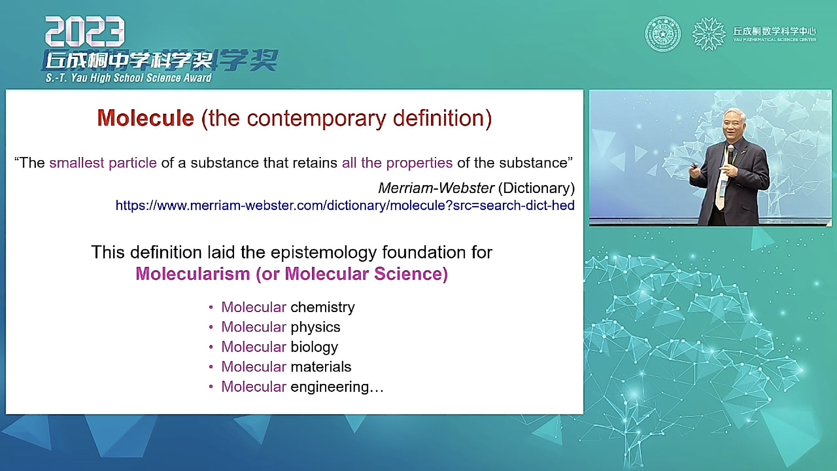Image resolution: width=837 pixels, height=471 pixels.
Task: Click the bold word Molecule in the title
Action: point(146,118)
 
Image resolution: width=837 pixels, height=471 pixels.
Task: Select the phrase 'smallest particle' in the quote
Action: point(103,163)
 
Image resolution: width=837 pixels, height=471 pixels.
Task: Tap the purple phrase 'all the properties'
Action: point(397,163)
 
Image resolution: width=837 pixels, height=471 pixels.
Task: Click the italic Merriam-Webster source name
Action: point(436,188)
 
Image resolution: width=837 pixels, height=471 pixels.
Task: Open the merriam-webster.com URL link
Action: point(345,205)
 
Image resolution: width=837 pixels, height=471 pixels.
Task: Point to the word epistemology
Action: point(324,252)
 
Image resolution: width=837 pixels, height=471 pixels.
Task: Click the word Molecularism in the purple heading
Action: point(193,274)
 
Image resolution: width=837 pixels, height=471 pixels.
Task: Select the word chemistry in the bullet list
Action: point(323,307)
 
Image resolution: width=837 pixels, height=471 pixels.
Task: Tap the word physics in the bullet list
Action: point(315,327)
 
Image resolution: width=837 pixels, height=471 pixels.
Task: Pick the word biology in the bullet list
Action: point(314,347)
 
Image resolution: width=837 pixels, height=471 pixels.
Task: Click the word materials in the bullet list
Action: point(321,367)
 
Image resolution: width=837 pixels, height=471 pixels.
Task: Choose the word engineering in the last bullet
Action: point(330,387)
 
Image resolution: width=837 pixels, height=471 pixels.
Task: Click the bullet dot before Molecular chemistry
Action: point(211,307)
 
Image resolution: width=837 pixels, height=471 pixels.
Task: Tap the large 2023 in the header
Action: point(85,31)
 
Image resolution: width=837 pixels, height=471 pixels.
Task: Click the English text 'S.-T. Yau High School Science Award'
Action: point(129,78)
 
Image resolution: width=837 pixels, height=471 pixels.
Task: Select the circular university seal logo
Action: point(663,34)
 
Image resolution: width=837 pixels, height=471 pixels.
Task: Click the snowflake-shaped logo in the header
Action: point(709,34)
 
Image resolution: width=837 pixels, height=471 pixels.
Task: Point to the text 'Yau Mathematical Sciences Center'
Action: point(775,40)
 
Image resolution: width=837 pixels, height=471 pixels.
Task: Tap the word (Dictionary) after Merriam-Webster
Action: point(536,188)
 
